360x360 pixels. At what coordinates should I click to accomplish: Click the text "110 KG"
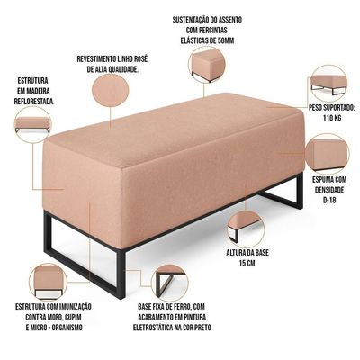click(332, 118)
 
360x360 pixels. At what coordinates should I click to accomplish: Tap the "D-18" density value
click(329, 201)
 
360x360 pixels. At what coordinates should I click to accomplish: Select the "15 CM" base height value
click(247, 263)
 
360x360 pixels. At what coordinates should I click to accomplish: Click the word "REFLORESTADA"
click(34, 101)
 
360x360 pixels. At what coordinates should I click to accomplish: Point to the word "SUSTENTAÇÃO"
click(190, 20)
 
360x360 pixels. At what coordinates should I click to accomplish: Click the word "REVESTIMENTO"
click(95, 58)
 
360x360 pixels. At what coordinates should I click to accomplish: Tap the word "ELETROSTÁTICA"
click(153, 328)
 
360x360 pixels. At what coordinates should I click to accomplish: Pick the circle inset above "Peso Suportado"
click(328, 83)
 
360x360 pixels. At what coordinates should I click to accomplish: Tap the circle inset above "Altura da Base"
click(246, 229)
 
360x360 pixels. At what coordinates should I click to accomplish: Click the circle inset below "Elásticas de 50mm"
click(207, 65)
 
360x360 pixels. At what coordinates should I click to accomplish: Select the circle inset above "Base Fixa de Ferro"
click(170, 283)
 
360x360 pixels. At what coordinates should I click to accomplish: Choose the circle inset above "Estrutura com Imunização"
click(48, 282)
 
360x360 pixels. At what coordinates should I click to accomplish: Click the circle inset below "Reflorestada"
click(33, 124)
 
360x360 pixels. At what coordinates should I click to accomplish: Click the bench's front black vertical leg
click(121, 274)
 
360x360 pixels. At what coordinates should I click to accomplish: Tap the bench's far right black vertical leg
click(299, 192)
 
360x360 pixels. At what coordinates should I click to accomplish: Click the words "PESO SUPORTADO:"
click(332, 108)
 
